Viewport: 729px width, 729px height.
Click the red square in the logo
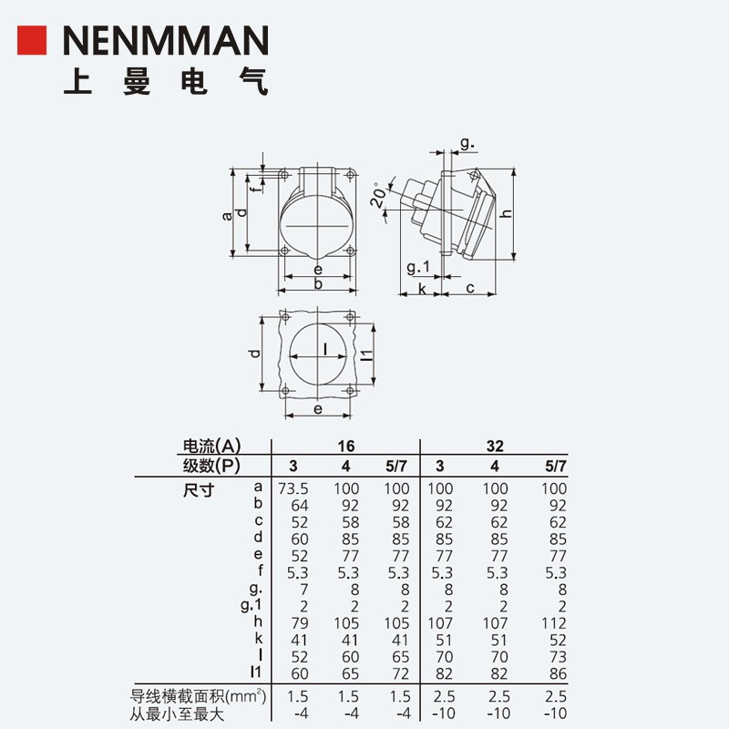32,41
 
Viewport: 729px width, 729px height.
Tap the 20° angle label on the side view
377,195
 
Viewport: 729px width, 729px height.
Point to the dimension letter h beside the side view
504,214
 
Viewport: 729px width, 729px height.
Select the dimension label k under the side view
421,289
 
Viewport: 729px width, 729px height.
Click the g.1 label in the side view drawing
417,267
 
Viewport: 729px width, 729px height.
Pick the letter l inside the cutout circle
325,348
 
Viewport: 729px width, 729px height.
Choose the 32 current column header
494,447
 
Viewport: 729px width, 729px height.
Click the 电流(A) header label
211,447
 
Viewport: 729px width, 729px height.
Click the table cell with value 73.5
293,488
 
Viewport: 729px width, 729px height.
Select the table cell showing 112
554,622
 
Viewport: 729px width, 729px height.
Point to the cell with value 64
297,506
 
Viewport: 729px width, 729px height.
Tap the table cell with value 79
297,622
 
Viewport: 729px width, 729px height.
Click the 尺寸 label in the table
198,489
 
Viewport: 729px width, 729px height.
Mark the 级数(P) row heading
211,466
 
